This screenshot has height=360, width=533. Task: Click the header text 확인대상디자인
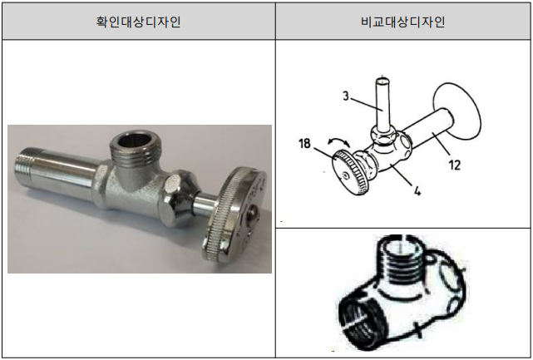pyautogui.click(x=138, y=22)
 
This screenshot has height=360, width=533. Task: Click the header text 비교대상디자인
pyautogui.click(x=402, y=22)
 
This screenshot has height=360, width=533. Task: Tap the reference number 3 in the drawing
pyautogui.click(x=346, y=96)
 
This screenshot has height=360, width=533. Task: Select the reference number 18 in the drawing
pyautogui.click(x=304, y=144)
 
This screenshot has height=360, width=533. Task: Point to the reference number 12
pyautogui.click(x=455, y=165)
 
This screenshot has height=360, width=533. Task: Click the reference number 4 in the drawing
pyautogui.click(x=417, y=190)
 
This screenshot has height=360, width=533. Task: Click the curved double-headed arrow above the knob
pyautogui.click(x=339, y=141)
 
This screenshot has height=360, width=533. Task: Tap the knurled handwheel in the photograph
pyautogui.click(x=234, y=215)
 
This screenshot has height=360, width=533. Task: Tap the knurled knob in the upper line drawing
pyautogui.click(x=353, y=172)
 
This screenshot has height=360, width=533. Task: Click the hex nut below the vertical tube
pyautogui.click(x=383, y=136)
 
